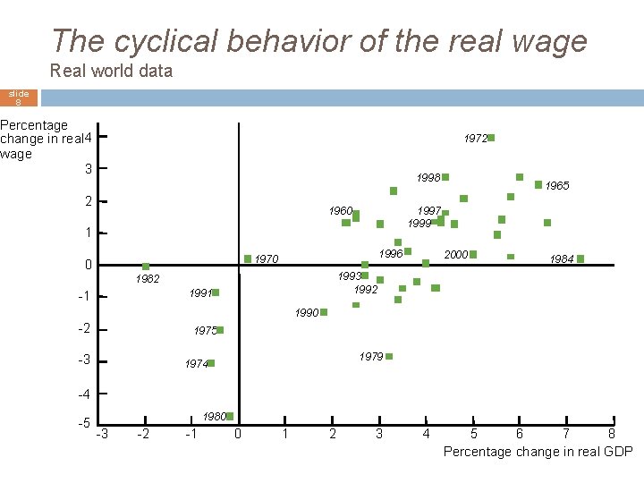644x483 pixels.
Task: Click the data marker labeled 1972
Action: pyautogui.click(x=491, y=138)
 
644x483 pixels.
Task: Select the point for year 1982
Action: pyautogui.click(x=146, y=267)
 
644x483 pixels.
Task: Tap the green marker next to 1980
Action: pyautogui.click(x=230, y=416)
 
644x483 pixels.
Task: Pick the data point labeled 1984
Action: pyautogui.click(x=580, y=258)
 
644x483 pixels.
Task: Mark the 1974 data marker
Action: pyautogui.click(x=211, y=363)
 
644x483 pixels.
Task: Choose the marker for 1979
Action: pyautogui.click(x=389, y=356)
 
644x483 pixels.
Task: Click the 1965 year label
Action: pyautogui.click(x=557, y=186)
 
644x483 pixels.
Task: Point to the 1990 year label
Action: pyautogui.click(x=307, y=313)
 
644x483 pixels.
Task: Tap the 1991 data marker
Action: pyautogui.click(x=216, y=292)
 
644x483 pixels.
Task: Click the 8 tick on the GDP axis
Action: pyautogui.click(x=612, y=435)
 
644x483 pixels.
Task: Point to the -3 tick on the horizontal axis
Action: pyautogui.click(x=103, y=435)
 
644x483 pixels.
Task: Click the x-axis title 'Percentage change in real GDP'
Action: pyautogui.click(x=538, y=452)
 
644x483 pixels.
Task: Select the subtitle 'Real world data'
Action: pyautogui.click(x=112, y=71)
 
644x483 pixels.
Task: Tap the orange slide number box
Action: pyautogui.click(x=19, y=97)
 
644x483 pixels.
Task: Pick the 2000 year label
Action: pyautogui.click(x=456, y=255)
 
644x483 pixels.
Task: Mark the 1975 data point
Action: pyautogui.click(x=220, y=330)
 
